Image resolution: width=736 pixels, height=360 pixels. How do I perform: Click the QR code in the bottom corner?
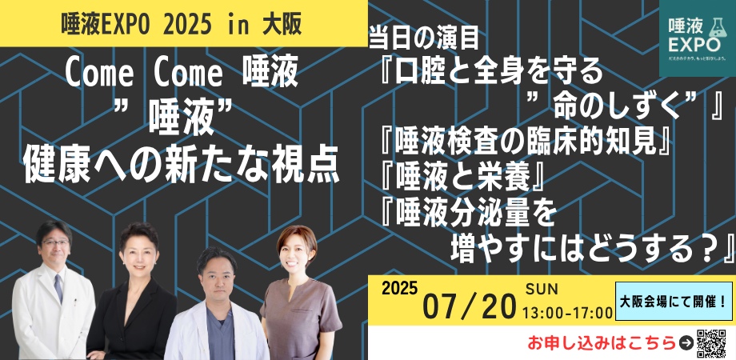click(712, 341)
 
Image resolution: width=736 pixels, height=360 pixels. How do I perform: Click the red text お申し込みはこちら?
click(601, 343)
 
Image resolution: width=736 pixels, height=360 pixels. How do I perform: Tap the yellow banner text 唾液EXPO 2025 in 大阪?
click(181, 24)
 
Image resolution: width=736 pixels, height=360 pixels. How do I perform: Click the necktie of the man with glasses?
click(58, 289)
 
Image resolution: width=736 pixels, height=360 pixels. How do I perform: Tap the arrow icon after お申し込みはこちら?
click(685, 343)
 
